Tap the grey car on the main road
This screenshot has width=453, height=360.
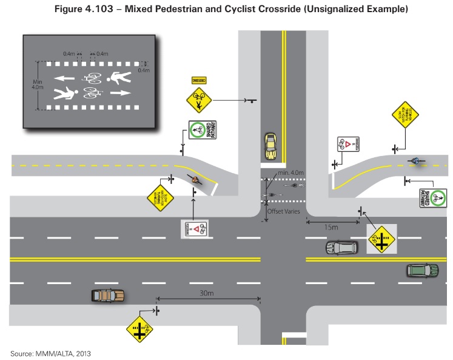point(342,248)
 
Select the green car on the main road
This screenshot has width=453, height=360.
point(422,270)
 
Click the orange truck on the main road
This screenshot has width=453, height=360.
point(108,296)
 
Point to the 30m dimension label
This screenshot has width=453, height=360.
point(206,293)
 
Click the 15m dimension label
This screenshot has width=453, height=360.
point(331,226)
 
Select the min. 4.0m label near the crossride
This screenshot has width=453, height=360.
point(290,174)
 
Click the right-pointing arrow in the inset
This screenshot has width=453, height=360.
point(120,93)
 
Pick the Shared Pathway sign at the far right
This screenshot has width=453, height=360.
point(432,198)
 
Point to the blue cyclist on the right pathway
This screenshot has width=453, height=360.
point(415,161)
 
